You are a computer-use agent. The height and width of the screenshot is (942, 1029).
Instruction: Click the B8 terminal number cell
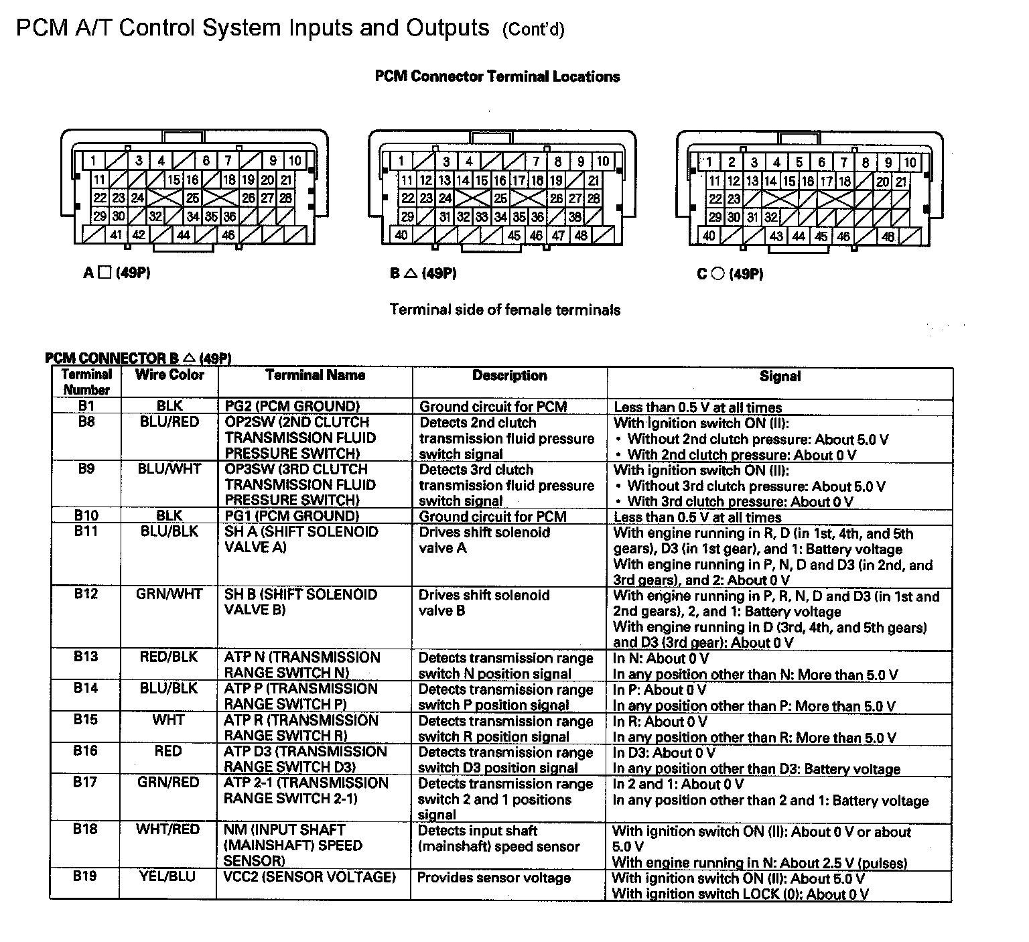click(86, 422)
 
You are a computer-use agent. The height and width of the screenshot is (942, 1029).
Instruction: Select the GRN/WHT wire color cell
click(169, 594)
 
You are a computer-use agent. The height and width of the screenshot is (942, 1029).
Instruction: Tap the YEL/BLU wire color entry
click(167, 876)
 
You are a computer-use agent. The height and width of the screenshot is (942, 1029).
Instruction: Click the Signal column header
click(780, 377)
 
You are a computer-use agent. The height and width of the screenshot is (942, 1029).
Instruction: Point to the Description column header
click(510, 376)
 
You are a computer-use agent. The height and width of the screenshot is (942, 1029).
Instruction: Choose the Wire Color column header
click(169, 375)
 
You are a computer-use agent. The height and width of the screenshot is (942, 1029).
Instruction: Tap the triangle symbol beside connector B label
click(411, 273)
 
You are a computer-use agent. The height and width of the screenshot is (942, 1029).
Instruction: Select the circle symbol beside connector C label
click(717, 273)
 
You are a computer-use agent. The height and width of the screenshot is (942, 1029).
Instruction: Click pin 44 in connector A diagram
click(183, 235)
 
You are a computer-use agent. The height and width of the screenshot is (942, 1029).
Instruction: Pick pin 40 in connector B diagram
click(401, 235)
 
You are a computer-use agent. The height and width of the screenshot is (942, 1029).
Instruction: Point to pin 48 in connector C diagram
click(888, 236)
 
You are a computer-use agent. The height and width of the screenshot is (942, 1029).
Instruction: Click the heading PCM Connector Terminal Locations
click(497, 76)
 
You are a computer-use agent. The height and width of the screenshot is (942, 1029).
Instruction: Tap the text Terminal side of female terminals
click(505, 310)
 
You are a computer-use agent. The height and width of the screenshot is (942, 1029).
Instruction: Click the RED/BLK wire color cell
click(169, 657)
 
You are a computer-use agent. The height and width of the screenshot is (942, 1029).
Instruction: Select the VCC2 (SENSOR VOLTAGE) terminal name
click(310, 877)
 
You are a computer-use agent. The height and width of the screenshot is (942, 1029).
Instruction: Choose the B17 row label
click(86, 782)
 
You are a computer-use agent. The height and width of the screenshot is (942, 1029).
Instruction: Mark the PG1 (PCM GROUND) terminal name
click(292, 516)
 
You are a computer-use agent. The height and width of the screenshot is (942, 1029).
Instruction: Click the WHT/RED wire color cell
click(167, 829)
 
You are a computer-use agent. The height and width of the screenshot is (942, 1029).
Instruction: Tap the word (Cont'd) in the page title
click(533, 30)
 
